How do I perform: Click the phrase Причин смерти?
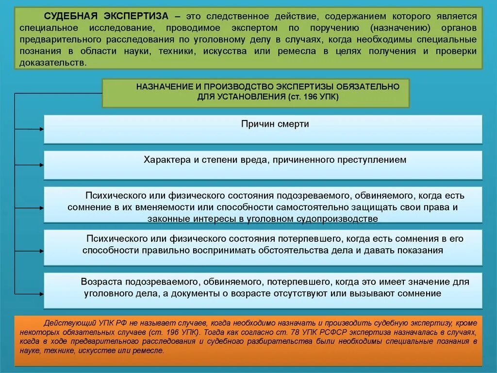point(275,124)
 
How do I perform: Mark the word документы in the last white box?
point(224,293)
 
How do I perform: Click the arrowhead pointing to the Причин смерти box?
point(41,129)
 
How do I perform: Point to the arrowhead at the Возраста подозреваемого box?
point(41,294)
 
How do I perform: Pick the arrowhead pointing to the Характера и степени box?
point(41,165)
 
